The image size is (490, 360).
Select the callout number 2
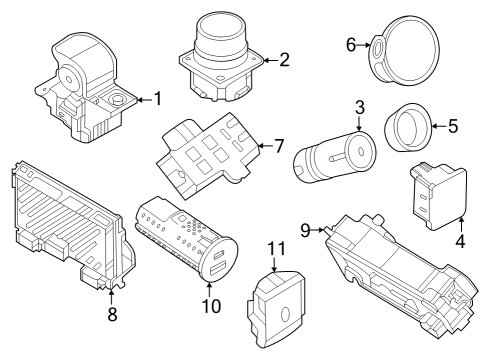pos(284,59)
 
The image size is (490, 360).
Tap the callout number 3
pos(358,107)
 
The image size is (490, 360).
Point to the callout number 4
pos(460,240)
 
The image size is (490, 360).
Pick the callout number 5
pos(452,127)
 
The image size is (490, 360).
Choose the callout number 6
pos(351,45)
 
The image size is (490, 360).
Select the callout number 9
pos(306,229)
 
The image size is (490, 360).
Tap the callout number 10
pos(210,306)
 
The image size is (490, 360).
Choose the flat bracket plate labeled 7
pos(207,151)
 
